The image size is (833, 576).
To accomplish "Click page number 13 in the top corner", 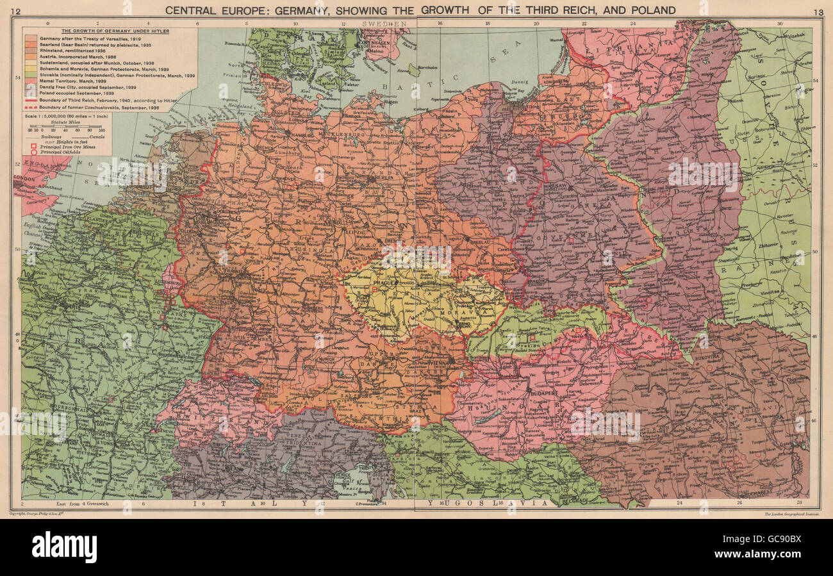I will [x=818, y=12].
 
